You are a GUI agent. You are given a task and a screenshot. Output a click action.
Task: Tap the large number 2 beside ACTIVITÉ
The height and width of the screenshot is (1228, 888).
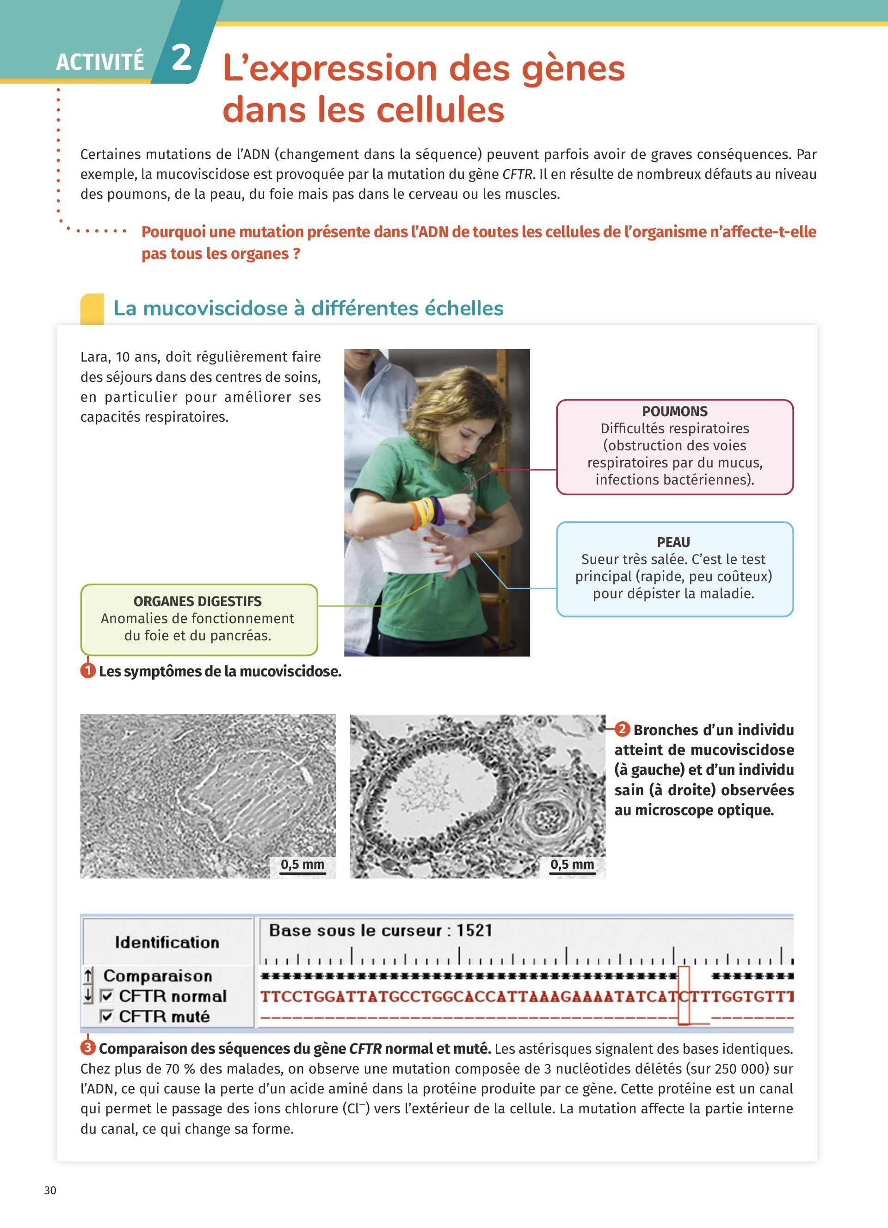181,57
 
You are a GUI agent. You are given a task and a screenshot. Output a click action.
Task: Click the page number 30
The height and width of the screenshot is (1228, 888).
50,1190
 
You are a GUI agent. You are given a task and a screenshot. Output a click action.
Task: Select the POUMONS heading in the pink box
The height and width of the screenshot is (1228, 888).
675,411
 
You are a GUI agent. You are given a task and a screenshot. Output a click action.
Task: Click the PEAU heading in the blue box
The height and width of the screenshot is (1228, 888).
673,542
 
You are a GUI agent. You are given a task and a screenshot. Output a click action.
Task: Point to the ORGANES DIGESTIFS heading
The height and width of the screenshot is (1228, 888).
197,601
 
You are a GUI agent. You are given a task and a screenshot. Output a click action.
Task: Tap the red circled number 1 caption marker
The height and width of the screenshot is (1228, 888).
88,671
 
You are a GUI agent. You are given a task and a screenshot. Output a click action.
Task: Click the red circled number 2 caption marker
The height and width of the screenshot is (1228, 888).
622,729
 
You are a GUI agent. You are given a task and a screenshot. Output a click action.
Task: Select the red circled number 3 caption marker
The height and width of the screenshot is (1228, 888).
88,1048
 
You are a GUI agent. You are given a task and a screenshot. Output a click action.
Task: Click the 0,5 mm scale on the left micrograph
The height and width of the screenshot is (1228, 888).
302,864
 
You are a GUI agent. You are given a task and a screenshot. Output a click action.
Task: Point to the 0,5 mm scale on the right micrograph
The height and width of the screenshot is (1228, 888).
572,864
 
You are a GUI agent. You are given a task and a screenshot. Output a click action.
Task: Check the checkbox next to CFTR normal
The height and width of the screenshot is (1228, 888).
107,996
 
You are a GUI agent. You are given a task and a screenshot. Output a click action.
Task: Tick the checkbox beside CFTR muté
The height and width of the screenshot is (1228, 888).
107,1016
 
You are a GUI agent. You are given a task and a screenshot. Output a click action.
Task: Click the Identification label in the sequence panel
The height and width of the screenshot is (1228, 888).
167,942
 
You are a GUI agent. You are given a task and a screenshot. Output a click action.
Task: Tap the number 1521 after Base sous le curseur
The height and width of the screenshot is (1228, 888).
475,930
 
